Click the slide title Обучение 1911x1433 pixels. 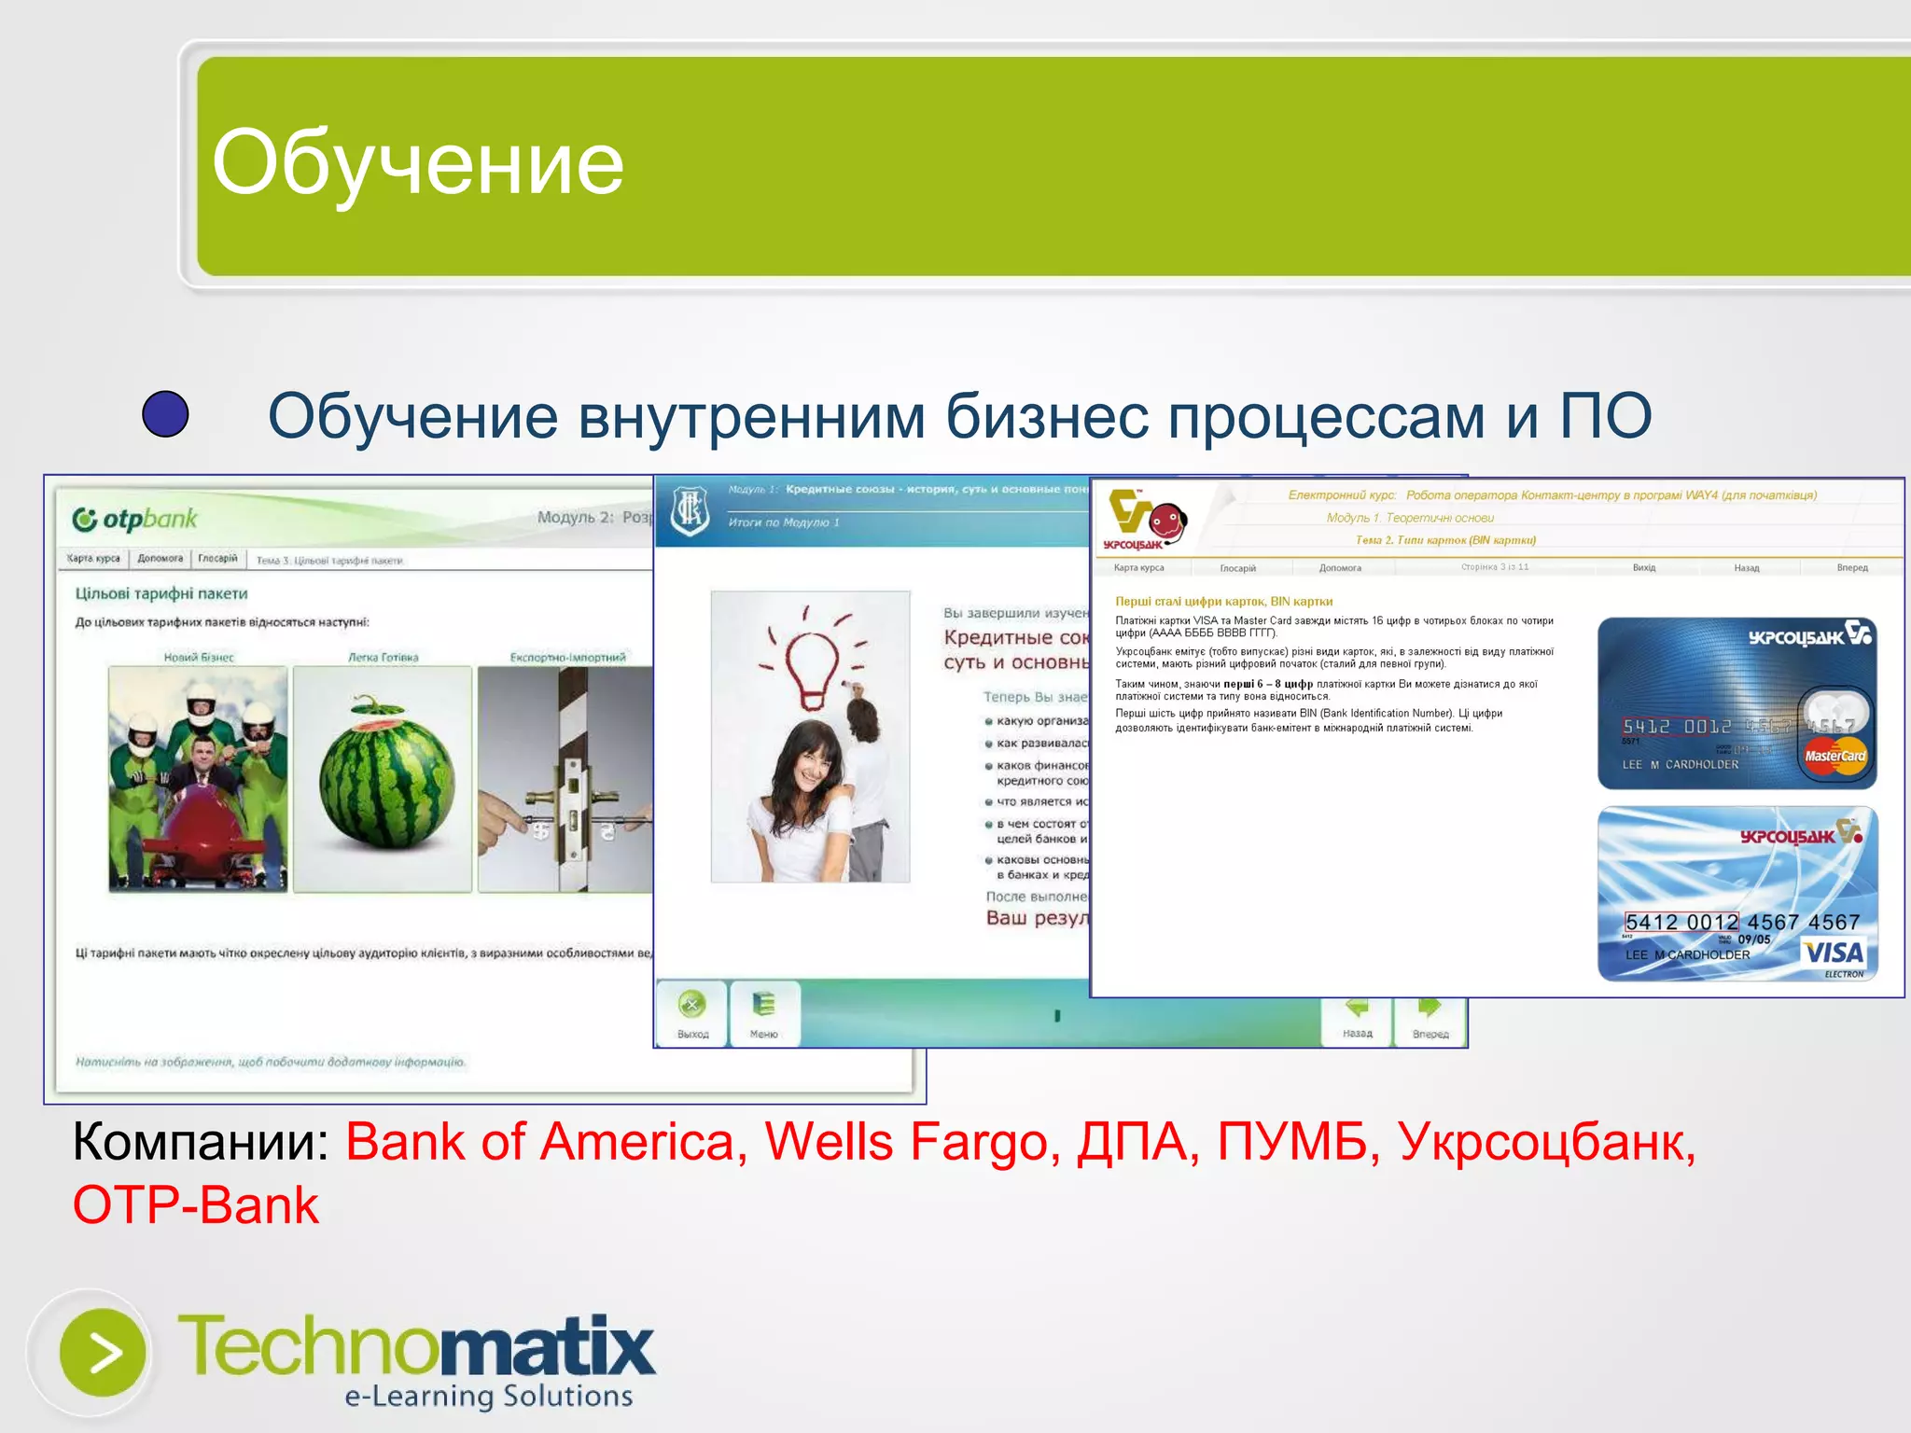[x=417, y=163]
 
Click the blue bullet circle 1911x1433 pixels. [x=165, y=414]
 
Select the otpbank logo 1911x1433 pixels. [x=135, y=520]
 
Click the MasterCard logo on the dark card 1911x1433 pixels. [x=1834, y=756]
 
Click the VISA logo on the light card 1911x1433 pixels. [x=1833, y=953]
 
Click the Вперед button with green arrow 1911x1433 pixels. [x=1430, y=1017]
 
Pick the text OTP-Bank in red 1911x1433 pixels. [x=196, y=1204]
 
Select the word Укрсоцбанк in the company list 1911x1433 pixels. [x=1545, y=1141]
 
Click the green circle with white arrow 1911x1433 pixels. [x=103, y=1353]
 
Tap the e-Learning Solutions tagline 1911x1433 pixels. [x=488, y=1396]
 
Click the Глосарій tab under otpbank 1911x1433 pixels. [x=217, y=559]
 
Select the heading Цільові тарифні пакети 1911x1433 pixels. [x=161, y=593]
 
